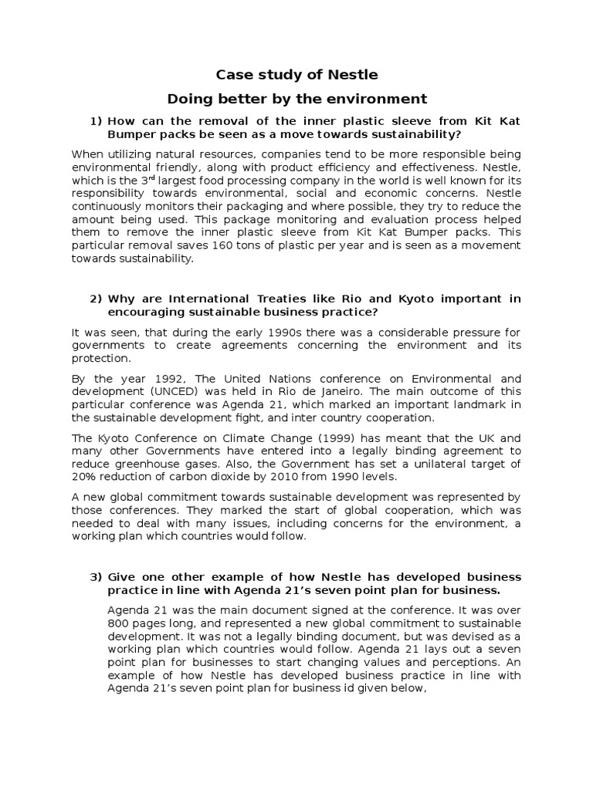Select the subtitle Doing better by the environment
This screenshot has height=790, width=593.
click(297, 99)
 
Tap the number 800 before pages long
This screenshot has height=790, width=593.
click(120, 623)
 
